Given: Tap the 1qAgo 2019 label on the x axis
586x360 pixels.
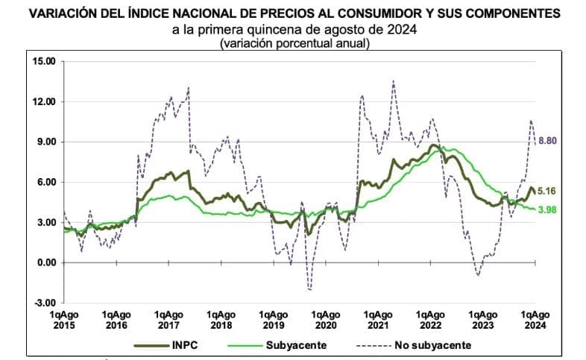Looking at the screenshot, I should pos(274,320).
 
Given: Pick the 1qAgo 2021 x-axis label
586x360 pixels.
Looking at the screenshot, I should pos(378,320).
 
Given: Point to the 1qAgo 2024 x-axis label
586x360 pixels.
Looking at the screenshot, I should pos(535,320).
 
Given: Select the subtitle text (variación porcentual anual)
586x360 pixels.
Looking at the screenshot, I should pos(294,44).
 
